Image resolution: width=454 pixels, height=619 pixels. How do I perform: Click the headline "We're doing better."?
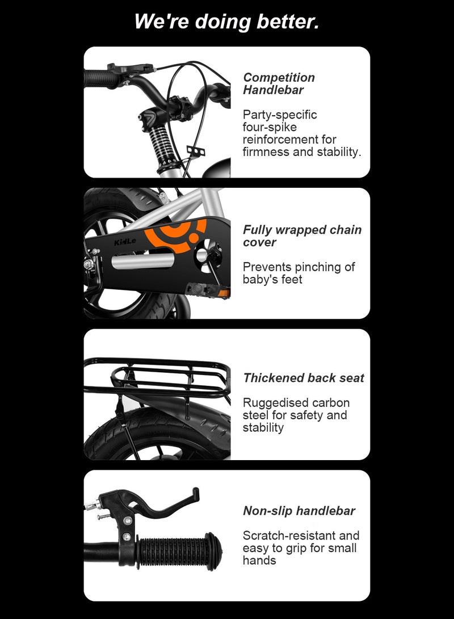tap(226, 22)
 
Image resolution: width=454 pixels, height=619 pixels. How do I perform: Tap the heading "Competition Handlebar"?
tap(279, 83)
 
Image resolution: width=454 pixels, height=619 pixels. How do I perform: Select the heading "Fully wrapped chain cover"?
tap(302, 236)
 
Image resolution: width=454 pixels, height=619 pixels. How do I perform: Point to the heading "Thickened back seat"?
tap(304, 378)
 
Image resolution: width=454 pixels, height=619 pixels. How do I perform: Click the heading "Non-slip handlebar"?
tap(299, 511)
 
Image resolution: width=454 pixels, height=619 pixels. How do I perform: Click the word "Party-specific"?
tap(280, 115)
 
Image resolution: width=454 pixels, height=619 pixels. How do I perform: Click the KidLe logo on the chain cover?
tap(125, 243)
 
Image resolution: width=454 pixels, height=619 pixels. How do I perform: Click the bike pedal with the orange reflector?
tap(207, 289)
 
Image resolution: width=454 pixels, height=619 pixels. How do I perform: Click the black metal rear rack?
tap(156, 377)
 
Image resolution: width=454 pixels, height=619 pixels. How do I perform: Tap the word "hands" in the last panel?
tap(259, 561)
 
